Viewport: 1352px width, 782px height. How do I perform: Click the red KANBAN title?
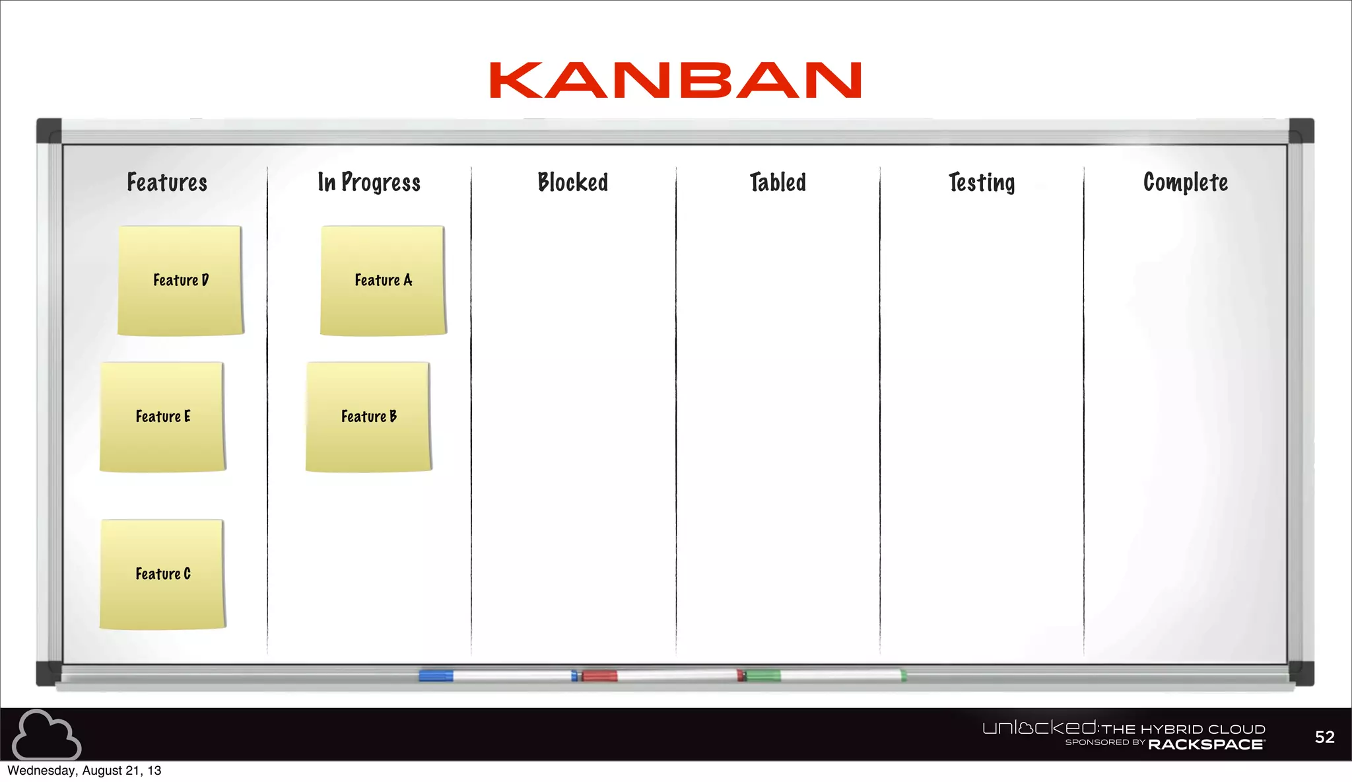point(675,81)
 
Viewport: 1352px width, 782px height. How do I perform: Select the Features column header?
point(167,182)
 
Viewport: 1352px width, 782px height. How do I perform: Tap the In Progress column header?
point(369,182)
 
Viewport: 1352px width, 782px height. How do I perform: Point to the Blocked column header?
point(572,182)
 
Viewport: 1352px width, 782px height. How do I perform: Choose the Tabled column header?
point(778,182)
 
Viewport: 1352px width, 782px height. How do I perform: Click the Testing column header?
point(982,183)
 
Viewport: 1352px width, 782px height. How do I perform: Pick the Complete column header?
point(1186,182)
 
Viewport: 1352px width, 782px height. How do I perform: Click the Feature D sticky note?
point(180,281)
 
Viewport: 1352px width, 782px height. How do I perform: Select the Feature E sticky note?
point(162,417)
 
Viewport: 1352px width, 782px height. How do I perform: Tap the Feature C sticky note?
point(162,574)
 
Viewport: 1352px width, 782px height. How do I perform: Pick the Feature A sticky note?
point(383,281)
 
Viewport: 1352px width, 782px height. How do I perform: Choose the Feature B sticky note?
point(368,417)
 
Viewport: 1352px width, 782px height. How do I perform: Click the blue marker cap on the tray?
point(436,675)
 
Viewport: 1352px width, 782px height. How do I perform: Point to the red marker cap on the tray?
point(599,675)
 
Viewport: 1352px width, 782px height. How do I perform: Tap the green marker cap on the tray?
point(763,675)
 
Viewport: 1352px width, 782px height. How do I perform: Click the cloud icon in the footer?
point(46,734)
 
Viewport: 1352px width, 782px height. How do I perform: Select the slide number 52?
point(1324,737)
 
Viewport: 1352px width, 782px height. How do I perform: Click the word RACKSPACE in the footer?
point(1206,744)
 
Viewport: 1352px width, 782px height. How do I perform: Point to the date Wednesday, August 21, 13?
point(84,771)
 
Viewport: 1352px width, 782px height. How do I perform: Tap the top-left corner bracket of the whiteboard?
point(49,131)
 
